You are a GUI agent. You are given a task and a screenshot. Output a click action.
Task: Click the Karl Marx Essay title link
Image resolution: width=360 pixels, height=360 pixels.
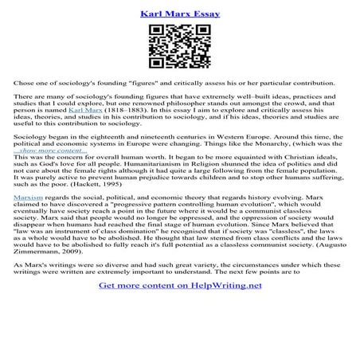click(179, 14)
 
